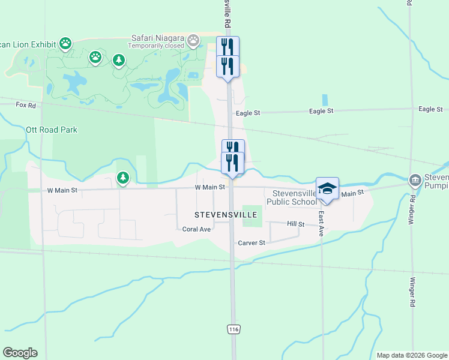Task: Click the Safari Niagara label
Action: [x=158, y=38]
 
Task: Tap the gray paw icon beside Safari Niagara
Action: [x=193, y=41]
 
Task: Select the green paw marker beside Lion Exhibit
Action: [x=65, y=43]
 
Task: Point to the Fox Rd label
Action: [x=26, y=105]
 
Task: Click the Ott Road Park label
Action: [x=52, y=130]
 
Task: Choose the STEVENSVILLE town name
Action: [x=226, y=214]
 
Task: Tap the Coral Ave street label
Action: [x=196, y=229]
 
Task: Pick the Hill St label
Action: [x=296, y=224]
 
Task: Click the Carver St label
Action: [x=252, y=243]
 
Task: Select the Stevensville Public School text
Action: [x=294, y=197]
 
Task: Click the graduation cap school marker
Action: [x=328, y=188]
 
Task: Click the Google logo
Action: [x=20, y=353]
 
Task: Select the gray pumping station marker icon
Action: [x=415, y=180]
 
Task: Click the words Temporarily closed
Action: [x=157, y=46]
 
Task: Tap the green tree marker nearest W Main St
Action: [x=122, y=178]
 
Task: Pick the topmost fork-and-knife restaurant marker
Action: [x=228, y=47]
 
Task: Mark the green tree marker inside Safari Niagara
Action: [x=119, y=60]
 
